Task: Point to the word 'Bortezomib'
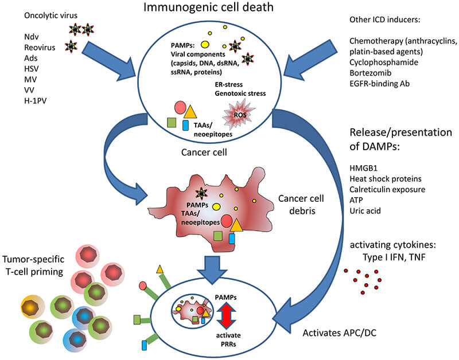(369, 76)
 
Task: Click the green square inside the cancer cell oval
(171, 122)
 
